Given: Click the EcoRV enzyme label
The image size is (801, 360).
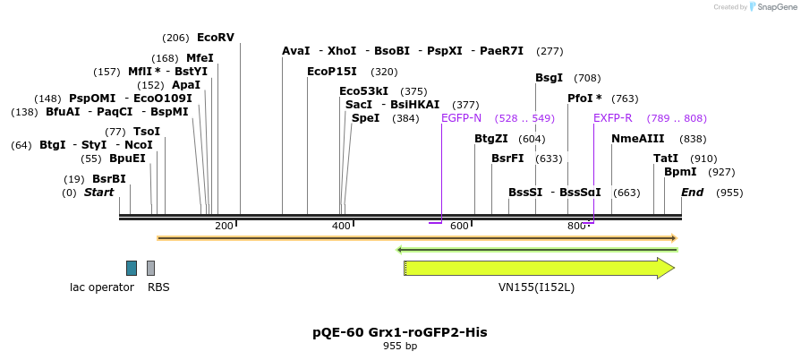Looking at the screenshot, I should (215, 38).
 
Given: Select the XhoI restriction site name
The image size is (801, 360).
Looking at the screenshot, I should (342, 51).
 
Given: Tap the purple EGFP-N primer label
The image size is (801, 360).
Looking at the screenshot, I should (461, 118).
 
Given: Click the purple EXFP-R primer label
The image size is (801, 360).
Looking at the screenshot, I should (612, 118).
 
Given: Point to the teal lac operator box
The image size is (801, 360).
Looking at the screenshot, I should (132, 268).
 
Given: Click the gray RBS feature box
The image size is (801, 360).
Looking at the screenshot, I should (151, 268).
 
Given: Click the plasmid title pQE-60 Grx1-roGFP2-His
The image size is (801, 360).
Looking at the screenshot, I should (400, 332).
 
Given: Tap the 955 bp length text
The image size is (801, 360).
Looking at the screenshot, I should (400, 346).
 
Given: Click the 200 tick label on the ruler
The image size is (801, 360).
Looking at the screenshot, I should (224, 227).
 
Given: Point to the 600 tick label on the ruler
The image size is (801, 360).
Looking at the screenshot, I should (459, 227).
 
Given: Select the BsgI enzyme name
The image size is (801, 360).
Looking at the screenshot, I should (549, 78).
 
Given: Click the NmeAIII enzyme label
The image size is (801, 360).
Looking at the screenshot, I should (638, 139).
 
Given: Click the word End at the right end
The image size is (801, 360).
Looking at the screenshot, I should (693, 193).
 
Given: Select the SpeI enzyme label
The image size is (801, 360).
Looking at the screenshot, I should (365, 118).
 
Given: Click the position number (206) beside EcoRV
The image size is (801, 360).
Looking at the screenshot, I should (175, 38).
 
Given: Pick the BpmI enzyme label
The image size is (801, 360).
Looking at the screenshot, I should (680, 172).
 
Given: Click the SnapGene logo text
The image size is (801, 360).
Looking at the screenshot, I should (773, 7).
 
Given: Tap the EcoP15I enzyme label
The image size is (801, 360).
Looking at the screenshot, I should (332, 72).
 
